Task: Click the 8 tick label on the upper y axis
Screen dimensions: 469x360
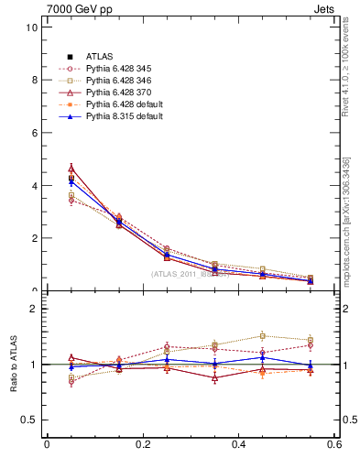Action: [34, 80]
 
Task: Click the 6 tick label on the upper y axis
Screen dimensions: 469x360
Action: [34, 133]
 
